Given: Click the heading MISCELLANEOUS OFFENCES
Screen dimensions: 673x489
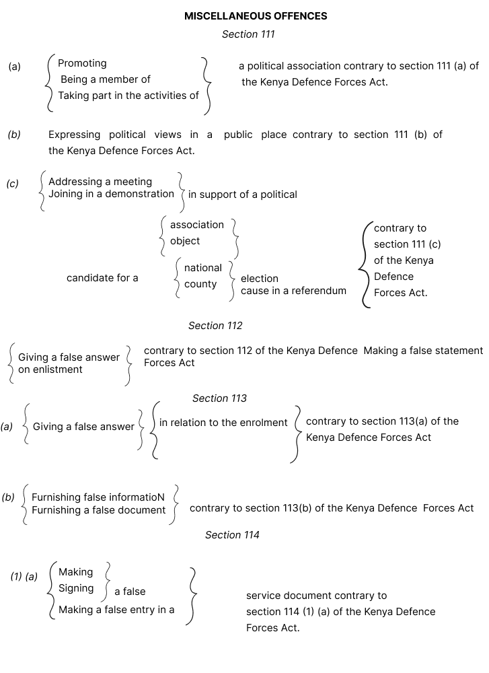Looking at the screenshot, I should pyautogui.click(x=256, y=16).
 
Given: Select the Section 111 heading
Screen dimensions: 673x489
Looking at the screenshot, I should pyautogui.click(x=248, y=34).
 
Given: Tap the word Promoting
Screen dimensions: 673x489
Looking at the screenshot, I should pyautogui.click(x=82, y=63).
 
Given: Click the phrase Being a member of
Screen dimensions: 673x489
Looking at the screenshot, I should pyautogui.click(x=106, y=79).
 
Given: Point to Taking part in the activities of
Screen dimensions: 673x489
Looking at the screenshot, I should pyautogui.click(x=128, y=96).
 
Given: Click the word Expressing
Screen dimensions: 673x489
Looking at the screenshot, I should pyautogui.click(x=74, y=135).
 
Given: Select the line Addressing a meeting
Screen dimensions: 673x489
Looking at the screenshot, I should pyautogui.click(x=100, y=182).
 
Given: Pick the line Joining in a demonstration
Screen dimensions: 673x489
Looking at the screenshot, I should pyautogui.click(x=111, y=194).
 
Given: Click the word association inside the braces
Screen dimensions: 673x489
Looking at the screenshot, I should pyautogui.click(x=197, y=225).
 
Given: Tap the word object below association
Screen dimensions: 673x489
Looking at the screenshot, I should pyautogui.click(x=185, y=241).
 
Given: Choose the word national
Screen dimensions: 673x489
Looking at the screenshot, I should pyautogui.click(x=202, y=268).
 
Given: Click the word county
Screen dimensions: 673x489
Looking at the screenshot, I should pyautogui.click(x=200, y=284).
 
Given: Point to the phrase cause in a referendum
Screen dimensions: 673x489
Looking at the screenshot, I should pyautogui.click(x=293, y=291).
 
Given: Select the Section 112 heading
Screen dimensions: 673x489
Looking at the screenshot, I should pyautogui.click(x=215, y=326).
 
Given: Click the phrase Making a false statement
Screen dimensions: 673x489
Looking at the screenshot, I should pyautogui.click(x=423, y=351).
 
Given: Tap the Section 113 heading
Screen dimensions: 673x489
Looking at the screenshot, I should pyautogui.click(x=219, y=398).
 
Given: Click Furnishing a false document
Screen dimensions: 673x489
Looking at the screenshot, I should pyautogui.click(x=98, y=510).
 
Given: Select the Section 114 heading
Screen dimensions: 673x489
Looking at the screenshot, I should pyautogui.click(x=232, y=535).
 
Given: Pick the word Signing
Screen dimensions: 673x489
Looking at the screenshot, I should pyautogui.click(x=76, y=588).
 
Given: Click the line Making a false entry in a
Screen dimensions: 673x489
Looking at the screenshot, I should pyautogui.click(x=116, y=610).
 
